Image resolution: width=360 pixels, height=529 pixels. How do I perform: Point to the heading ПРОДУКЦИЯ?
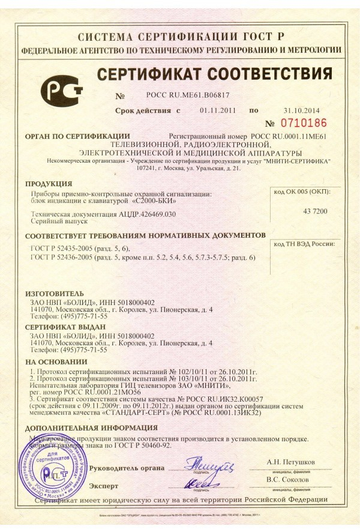point(49,183)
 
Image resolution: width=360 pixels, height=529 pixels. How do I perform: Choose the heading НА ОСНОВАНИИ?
point(52,363)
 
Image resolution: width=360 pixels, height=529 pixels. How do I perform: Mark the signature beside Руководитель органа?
point(205,465)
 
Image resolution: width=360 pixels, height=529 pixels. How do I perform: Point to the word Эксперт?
point(104,484)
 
